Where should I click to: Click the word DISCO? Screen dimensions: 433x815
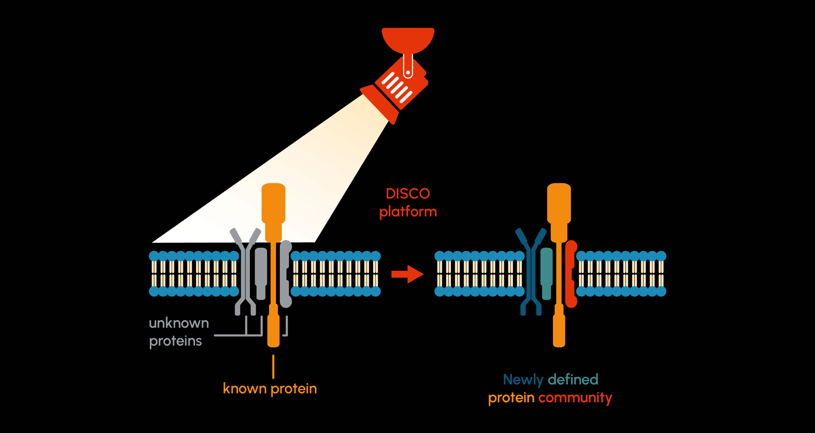[x=407, y=194]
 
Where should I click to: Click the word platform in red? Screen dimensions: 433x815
[x=407, y=212]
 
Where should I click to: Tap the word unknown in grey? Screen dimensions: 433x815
[x=179, y=323]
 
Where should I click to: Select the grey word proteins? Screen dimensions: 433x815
[x=175, y=341]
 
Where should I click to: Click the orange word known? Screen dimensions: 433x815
[x=244, y=389]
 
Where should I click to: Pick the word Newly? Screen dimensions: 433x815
[x=523, y=380]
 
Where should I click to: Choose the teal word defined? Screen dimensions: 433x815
[x=573, y=380]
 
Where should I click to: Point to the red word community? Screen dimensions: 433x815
[x=575, y=398]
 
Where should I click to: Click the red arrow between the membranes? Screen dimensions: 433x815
[x=407, y=274]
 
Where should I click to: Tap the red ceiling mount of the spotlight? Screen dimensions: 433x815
[x=408, y=38]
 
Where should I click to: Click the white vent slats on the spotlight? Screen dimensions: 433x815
[x=397, y=87]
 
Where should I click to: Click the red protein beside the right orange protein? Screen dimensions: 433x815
[x=571, y=274]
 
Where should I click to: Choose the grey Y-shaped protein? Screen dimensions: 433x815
[x=245, y=272]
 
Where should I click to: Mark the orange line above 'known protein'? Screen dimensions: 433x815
[x=273, y=366]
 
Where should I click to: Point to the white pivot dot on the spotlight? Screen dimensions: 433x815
[x=408, y=72]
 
